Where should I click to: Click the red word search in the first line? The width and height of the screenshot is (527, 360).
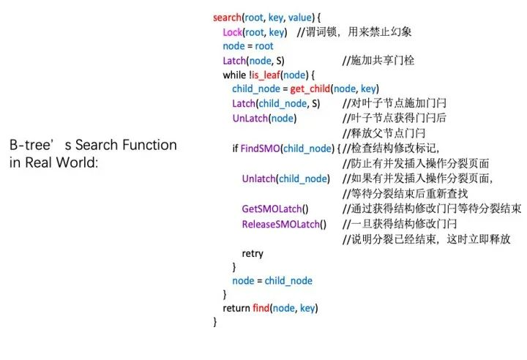click(x=227, y=17)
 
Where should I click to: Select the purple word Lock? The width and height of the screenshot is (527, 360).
click(x=232, y=32)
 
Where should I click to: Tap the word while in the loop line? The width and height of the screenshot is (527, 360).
click(x=234, y=75)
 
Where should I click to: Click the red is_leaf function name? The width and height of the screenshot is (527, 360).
click(x=266, y=75)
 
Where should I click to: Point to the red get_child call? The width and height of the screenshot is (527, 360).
click(x=310, y=89)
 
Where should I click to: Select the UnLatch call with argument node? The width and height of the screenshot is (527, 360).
click(x=264, y=119)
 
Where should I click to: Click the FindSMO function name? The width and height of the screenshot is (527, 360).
click(x=260, y=149)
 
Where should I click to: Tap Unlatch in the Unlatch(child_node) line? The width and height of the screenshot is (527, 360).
click(x=259, y=179)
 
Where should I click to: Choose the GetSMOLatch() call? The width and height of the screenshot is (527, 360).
click(x=275, y=209)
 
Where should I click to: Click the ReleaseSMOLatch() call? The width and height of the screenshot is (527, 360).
click(x=284, y=224)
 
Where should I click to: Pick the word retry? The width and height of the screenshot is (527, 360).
click(x=253, y=253)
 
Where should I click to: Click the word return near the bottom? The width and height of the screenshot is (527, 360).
click(x=236, y=308)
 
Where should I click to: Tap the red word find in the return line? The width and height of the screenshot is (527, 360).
click(x=261, y=307)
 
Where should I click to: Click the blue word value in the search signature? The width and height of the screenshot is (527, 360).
click(x=300, y=17)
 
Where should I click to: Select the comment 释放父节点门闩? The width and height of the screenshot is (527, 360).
click(x=384, y=133)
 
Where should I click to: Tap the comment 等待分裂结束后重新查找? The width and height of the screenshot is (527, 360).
click(x=405, y=194)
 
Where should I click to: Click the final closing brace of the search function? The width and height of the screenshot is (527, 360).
click(x=214, y=322)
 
